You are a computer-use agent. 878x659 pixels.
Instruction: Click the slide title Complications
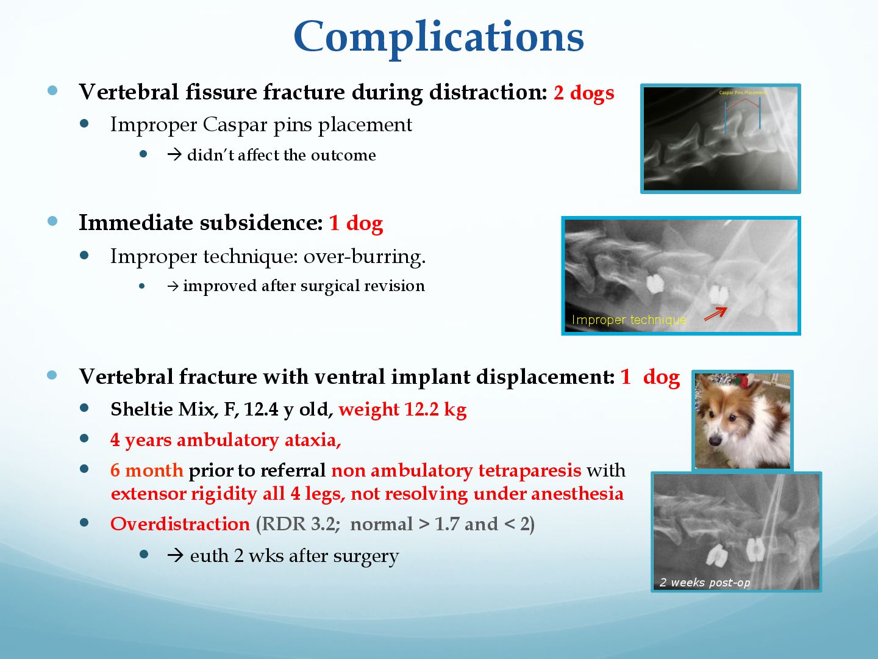pos(439,38)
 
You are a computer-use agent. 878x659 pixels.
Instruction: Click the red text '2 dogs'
pos(584,93)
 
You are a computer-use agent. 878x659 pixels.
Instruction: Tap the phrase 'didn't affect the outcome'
pos(282,155)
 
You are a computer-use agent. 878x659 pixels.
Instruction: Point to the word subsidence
pos(261,223)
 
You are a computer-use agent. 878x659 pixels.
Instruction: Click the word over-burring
pos(365,256)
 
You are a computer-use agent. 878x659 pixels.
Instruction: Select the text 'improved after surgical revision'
pos(304,286)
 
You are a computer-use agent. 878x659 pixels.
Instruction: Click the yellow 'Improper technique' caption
pos(629,320)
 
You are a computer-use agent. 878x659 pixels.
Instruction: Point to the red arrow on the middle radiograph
pos(715,314)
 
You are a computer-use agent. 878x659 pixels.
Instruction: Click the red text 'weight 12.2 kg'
pos(402,409)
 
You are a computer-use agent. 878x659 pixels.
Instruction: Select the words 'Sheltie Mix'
pos(162,409)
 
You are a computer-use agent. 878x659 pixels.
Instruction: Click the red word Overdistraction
pos(180,524)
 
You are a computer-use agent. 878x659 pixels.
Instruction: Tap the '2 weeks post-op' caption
pos(704,583)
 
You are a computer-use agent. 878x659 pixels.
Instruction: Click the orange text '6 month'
pos(147,470)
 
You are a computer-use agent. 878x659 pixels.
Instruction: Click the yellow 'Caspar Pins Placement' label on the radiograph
pos(743,93)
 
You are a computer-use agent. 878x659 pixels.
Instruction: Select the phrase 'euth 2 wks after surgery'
pos(294,556)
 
